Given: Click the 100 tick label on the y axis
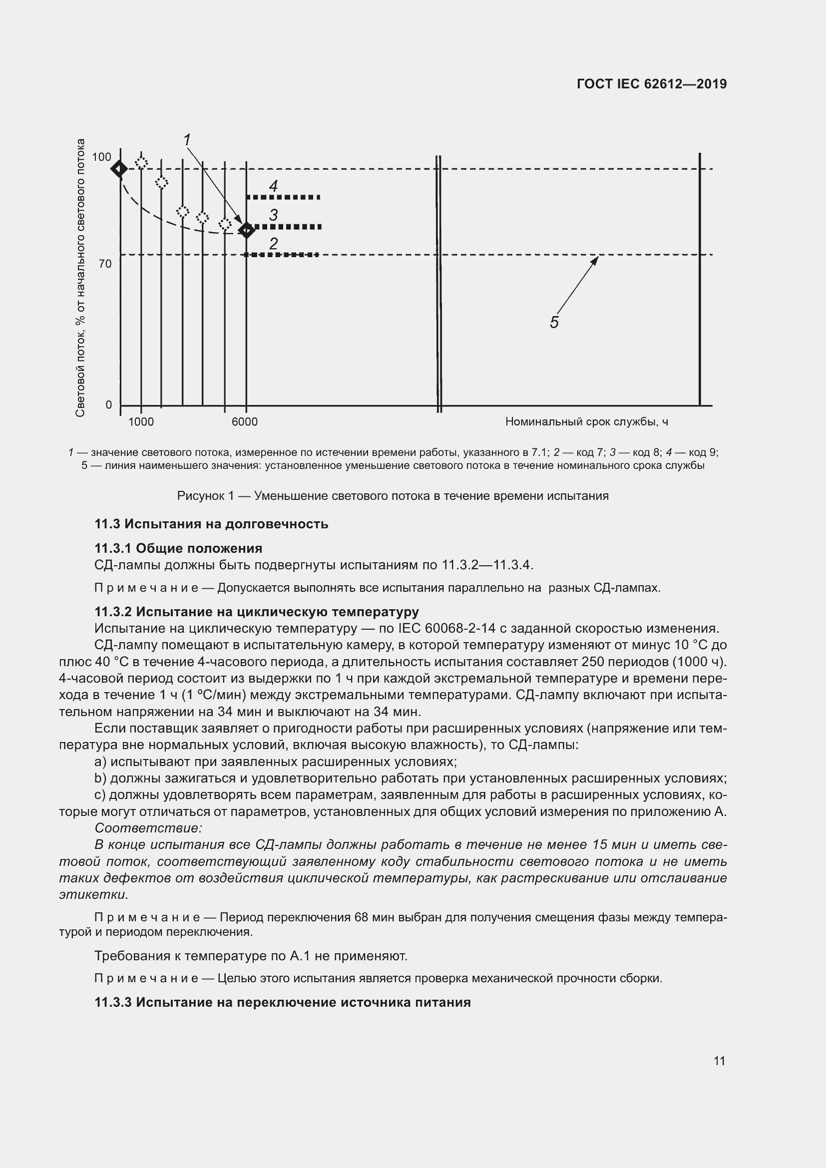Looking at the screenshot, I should coord(101,157).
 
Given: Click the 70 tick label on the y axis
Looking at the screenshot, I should coord(105,264).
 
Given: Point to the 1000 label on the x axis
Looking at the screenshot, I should coord(141,422).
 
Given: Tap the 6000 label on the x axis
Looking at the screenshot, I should coord(245,422).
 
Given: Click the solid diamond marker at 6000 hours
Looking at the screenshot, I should coord(247,230).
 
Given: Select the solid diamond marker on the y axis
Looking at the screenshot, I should coord(119,168).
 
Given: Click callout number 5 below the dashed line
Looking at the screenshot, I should coord(554,322).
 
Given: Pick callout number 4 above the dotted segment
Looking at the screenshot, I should coord(273,186).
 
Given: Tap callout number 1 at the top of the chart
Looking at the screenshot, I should coord(187,139).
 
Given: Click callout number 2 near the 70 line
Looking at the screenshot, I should coord(273,244).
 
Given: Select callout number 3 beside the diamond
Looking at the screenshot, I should coord(273,215).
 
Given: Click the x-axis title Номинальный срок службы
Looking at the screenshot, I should coord(586,422).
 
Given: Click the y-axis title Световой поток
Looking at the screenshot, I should coord(80,277).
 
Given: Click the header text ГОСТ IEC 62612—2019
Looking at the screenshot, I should coord(652,84).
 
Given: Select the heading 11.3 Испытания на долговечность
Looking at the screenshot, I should coord(211,524).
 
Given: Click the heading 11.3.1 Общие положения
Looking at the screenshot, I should coord(178,548).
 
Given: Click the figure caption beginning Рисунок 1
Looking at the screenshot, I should coord(393,496).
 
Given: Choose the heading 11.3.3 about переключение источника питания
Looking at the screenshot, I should coord(282,1003).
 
